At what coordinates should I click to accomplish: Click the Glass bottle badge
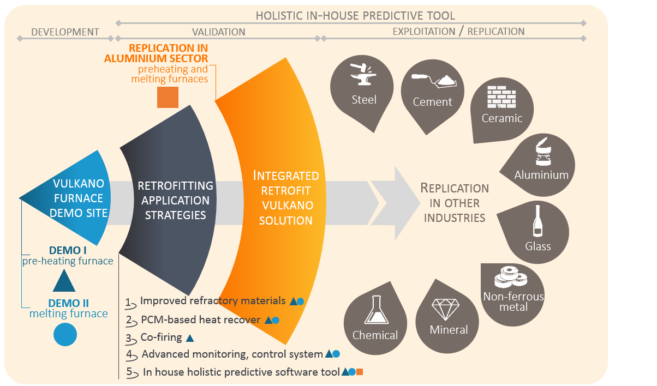(x=538, y=232)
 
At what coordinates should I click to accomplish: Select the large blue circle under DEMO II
(x=65, y=334)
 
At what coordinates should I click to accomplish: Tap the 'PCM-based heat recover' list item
(x=200, y=320)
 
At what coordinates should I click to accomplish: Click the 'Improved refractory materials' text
(x=213, y=301)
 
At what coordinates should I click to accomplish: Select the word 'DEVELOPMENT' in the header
(x=65, y=32)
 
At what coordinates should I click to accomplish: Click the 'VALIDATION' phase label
(x=219, y=32)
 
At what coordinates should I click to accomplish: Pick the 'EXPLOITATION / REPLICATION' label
(x=458, y=32)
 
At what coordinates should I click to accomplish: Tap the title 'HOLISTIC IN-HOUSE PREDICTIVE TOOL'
(x=355, y=16)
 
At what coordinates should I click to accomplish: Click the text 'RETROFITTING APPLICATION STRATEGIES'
(x=175, y=201)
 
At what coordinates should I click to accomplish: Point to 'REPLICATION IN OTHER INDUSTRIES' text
(x=455, y=203)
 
